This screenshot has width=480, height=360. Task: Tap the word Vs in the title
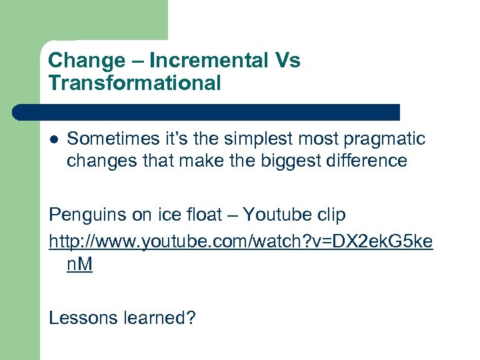(x=285, y=61)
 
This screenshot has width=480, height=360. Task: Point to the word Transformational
(x=135, y=83)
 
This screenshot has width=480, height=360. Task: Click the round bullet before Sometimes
(x=54, y=139)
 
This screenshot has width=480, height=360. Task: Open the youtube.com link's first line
(x=241, y=240)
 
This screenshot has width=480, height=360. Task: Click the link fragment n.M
(x=79, y=265)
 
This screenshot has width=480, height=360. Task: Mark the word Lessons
(x=83, y=318)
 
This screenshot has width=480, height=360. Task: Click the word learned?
(x=160, y=318)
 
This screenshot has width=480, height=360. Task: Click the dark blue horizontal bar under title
(x=207, y=111)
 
